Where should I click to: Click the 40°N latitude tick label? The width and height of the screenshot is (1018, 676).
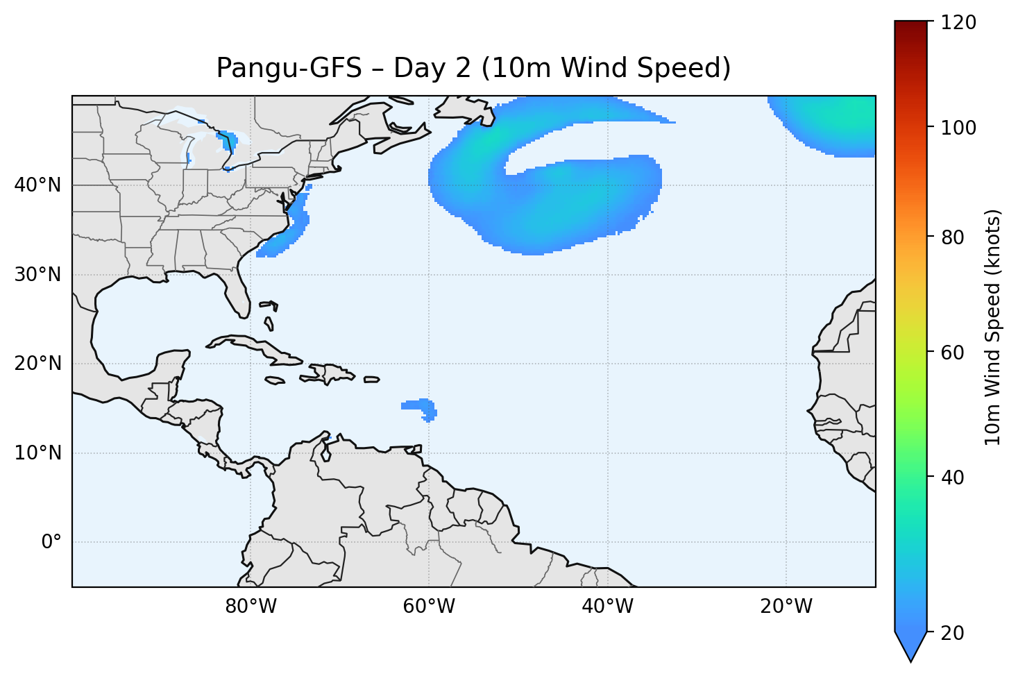click(x=37, y=185)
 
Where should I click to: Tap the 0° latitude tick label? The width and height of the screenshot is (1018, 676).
click(x=51, y=542)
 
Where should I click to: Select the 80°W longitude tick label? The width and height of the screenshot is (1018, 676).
click(x=251, y=607)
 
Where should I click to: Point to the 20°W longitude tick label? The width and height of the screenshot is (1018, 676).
click(x=786, y=607)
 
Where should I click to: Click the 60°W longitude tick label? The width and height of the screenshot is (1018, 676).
click(x=429, y=607)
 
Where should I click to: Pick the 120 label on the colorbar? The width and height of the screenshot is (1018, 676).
click(x=960, y=23)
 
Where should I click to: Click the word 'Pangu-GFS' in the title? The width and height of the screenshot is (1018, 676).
click(x=289, y=68)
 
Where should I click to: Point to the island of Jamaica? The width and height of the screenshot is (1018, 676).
click(x=275, y=380)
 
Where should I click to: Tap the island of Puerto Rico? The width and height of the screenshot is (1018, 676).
click(x=371, y=379)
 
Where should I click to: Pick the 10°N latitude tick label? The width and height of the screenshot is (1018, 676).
click(x=37, y=453)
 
